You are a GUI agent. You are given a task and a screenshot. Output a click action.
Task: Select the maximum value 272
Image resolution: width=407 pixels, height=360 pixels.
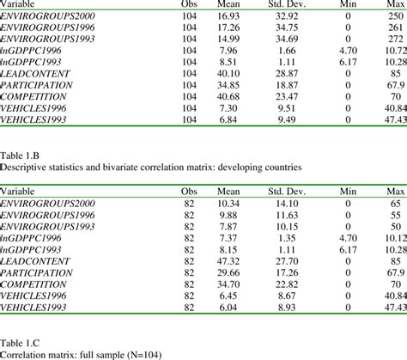[395, 39]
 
